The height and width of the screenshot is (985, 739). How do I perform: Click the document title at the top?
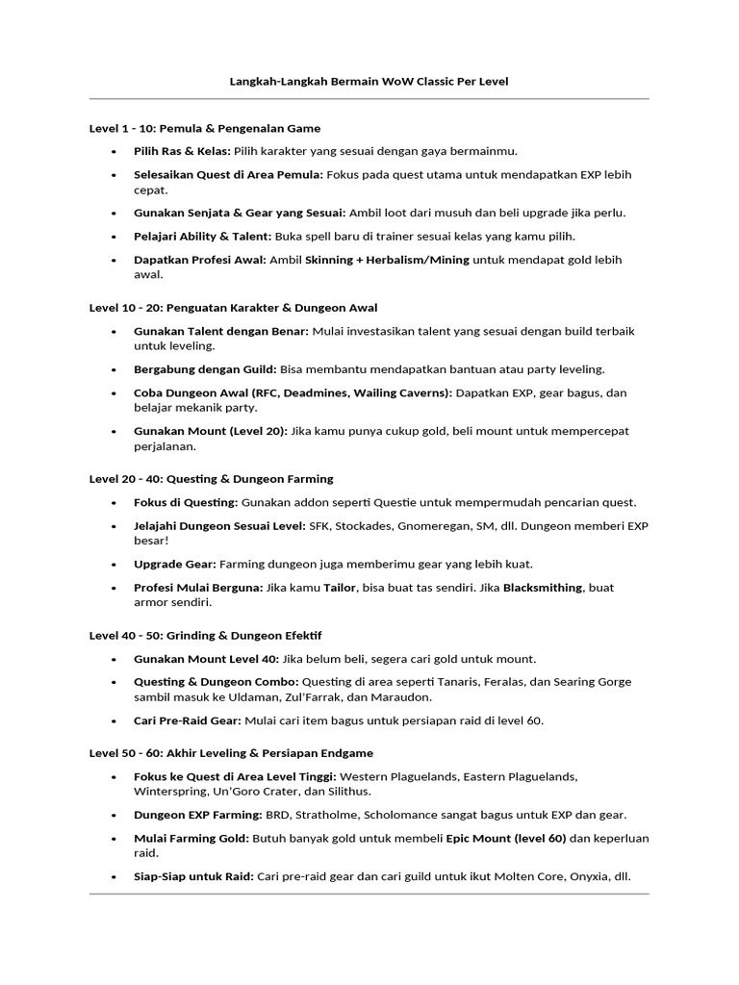[369, 82]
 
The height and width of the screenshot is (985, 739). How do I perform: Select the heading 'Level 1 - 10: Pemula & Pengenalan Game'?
[205, 128]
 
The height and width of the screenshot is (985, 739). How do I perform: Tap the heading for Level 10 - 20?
[233, 308]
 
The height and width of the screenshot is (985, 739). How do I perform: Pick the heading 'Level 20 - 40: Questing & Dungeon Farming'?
[212, 478]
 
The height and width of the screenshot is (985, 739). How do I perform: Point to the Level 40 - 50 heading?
[205, 636]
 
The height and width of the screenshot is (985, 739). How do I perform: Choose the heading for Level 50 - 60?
[231, 753]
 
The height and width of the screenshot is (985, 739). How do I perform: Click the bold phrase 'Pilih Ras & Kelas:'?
[183, 151]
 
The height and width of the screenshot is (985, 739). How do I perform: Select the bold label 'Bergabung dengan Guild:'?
[205, 369]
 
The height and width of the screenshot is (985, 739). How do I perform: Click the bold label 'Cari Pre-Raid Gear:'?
[188, 720]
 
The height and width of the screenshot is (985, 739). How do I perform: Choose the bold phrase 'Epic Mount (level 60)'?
[506, 838]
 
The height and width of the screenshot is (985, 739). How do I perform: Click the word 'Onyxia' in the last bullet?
[583, 876]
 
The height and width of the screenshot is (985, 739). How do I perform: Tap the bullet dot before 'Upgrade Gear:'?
[114, 564]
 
